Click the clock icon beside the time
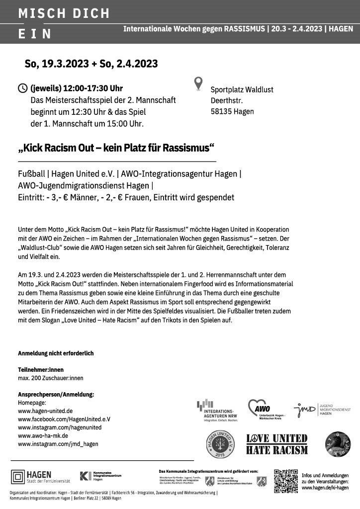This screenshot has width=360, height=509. [x=23, y=88]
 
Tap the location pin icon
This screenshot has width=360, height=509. [x=198, y=83]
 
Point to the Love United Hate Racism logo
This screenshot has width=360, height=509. [x=277, y=444]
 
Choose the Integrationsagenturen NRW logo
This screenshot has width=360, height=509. [x=215, y=410]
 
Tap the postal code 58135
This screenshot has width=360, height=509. [x=219, y=111]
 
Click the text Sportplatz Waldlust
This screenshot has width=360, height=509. [x=242, y=89]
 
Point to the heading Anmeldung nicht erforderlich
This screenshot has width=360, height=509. [x=56, y=353]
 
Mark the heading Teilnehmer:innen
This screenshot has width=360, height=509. [x=41, y=370]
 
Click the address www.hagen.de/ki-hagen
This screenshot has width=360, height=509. [x=325, y=488]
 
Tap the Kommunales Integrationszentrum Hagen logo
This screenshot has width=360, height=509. [x=99, y=476]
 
